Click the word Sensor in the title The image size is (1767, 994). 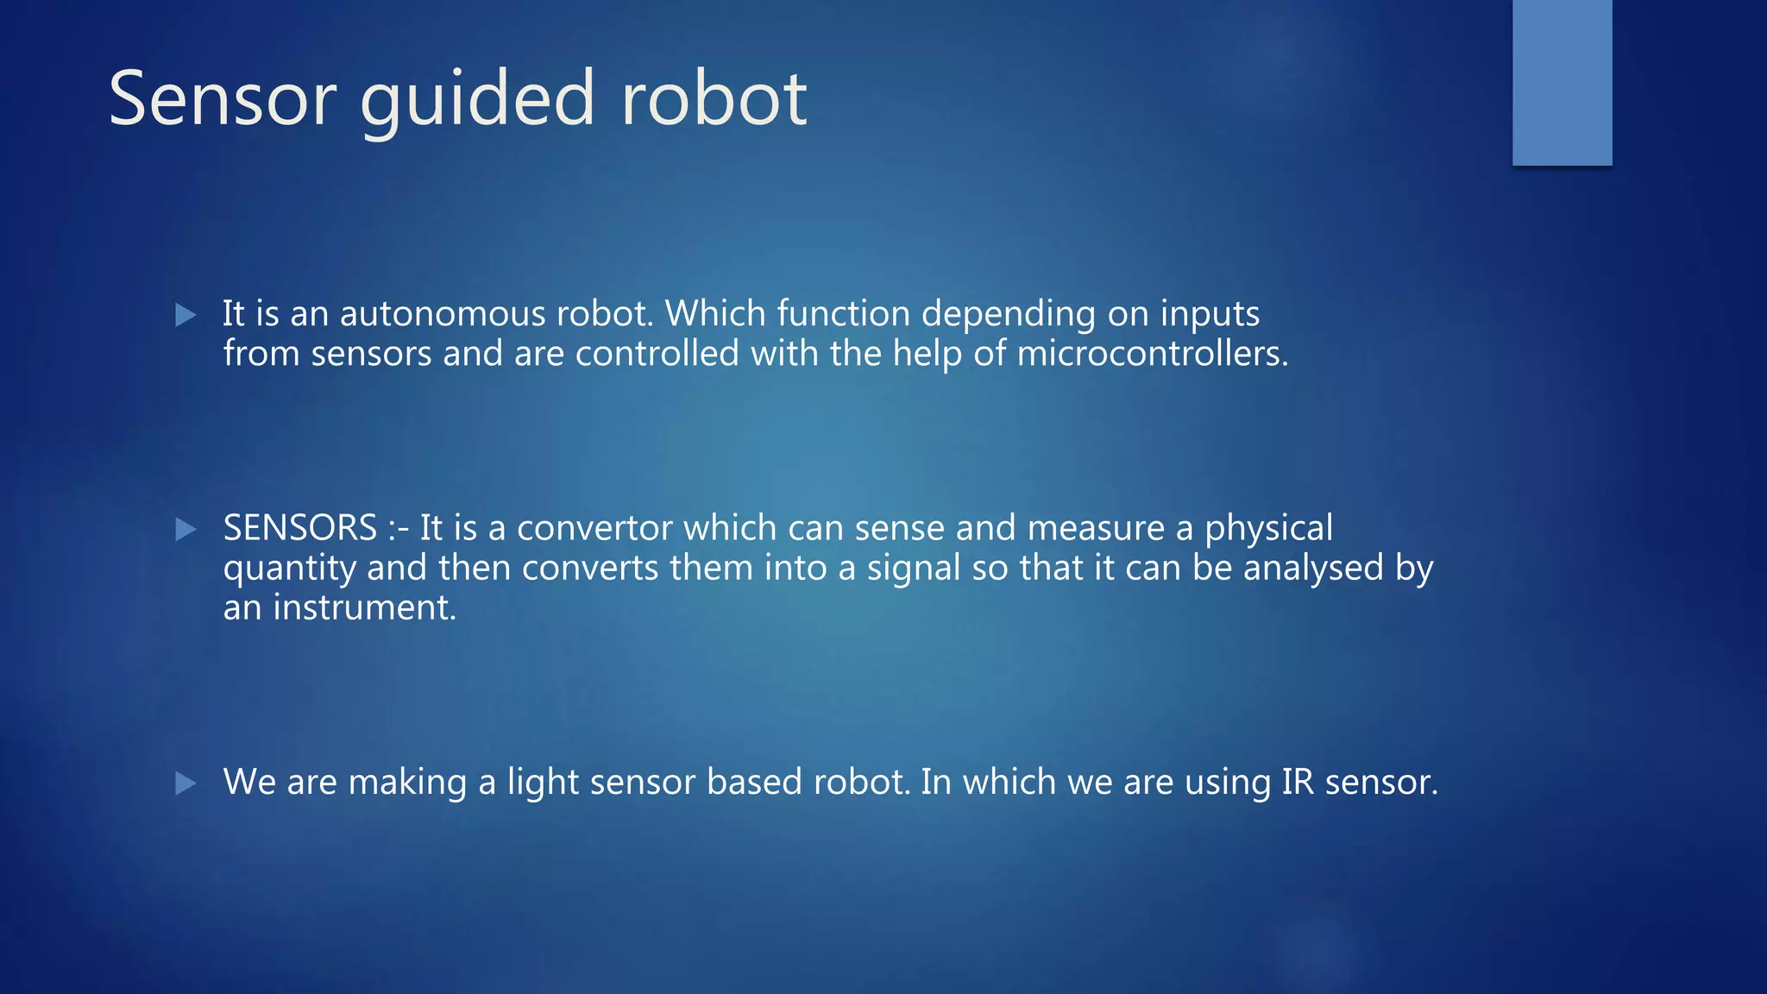222,99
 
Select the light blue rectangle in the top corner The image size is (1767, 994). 1562,82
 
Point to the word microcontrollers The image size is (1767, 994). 1152,354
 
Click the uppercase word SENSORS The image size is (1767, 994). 300,528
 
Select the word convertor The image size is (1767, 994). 594,528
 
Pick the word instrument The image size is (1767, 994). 364,607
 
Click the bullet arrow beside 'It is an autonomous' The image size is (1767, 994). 186,315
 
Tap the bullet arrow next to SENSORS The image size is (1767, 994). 186,529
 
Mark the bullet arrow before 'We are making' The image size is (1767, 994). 186,783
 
